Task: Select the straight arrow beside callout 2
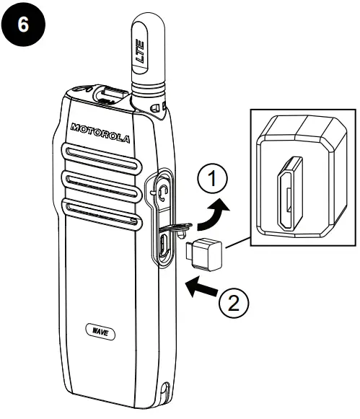(202, 288)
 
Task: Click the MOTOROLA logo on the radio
(101, 133)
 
